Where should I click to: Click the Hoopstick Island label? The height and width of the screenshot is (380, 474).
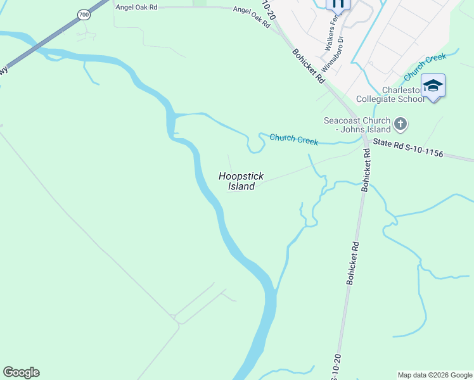[x=241, y=181]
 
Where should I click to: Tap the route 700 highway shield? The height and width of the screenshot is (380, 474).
[x=84, y=14]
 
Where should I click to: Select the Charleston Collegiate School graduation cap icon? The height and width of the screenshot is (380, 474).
[x=433, y=85]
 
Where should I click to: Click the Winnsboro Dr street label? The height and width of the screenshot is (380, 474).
[x=332, y=54]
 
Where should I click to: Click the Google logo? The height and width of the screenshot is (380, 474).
[x=21, y=372]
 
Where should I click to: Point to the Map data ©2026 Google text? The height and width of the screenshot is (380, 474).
[x=435, y=375]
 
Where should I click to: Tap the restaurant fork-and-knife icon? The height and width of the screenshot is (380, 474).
[x=338, y=3]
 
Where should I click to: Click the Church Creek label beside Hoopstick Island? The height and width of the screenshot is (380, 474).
[x=293, y=139]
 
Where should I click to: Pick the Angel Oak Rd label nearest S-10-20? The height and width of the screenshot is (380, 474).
[x=252, y=15]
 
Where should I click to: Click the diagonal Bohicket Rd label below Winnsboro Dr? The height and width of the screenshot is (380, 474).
[x=309, y=66]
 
